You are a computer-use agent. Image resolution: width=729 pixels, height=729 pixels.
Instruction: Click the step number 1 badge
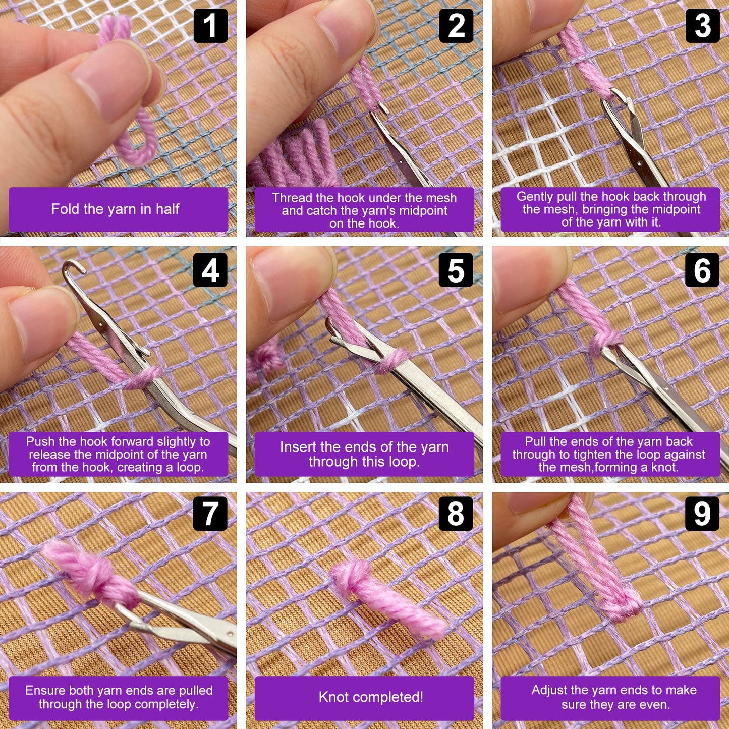(210, 26)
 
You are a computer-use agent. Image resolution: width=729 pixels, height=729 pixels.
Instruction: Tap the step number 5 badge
(456, 270)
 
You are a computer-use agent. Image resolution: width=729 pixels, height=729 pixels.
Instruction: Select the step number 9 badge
(702, 514)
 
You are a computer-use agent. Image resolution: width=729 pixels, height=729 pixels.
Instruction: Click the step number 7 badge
(210, 514)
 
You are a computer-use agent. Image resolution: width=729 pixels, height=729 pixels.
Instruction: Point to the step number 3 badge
(702, 26)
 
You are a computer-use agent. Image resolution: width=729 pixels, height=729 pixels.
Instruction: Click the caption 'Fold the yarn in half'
(115, 209)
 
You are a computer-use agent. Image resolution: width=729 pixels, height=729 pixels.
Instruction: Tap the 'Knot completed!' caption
(371, 697)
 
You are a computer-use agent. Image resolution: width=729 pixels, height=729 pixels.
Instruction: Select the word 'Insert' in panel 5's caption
(298, 447)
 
